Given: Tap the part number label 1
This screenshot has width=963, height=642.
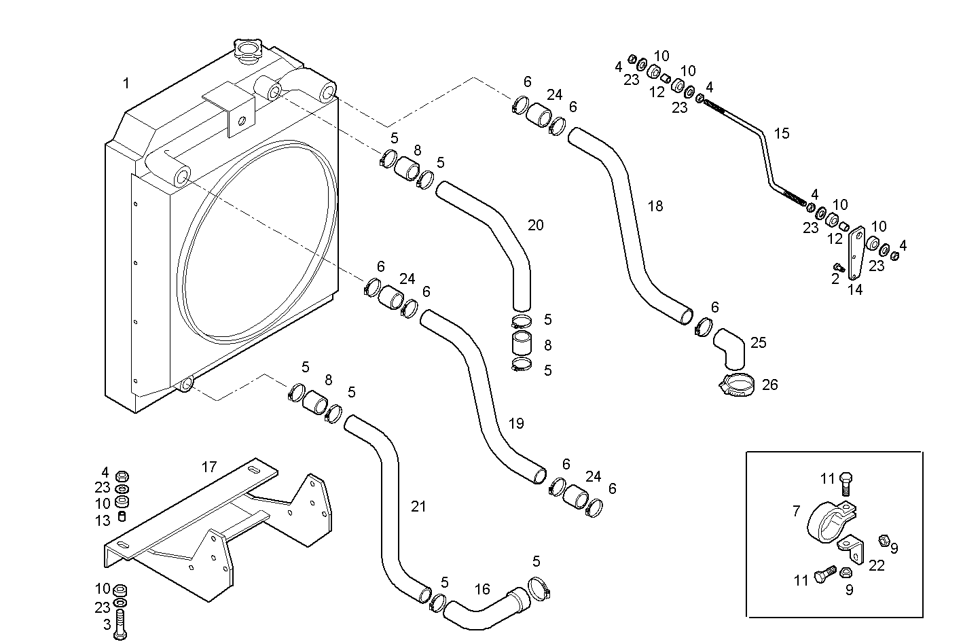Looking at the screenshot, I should click(x=126, y=84).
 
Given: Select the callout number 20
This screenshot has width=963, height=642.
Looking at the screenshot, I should click(x=535, y=225).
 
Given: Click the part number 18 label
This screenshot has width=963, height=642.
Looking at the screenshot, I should click(x=655, y=206).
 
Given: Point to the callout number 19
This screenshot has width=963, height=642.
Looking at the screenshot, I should click(x=516, y=424).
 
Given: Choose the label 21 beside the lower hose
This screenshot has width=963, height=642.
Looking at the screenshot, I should click(x=418, y=506).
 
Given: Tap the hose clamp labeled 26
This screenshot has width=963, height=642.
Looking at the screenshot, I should click(x=737, y=386).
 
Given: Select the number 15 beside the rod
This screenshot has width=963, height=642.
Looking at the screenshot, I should click(x=782, y=133).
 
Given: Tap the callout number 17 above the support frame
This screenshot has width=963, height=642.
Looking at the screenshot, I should click(x=208, y=467).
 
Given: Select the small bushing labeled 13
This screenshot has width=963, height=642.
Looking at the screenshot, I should click(x=122, y=516).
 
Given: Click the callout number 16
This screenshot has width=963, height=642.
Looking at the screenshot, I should click(x=482, y=589).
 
